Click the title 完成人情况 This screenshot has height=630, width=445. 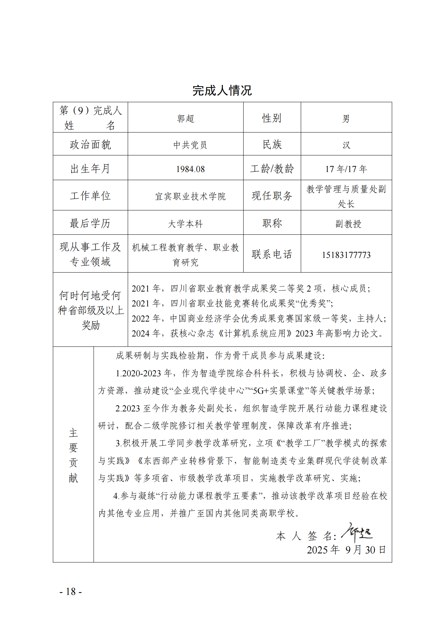pos(222,90)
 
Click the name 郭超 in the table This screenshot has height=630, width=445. pos(185,118)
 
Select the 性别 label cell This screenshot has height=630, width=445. pos(272,118)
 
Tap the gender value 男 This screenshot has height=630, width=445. pos(346,119)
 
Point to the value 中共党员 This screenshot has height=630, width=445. pos(190,145)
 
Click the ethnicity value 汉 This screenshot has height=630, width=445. pos(346,145)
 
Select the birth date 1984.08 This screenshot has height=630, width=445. pos(190,169)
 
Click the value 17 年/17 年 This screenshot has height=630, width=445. pos(346,169)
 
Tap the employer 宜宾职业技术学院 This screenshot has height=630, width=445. pos(190,196)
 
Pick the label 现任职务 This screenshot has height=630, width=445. pos(272,196)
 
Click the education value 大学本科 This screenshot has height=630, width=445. pos(185,224)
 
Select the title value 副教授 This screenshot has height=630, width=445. pos(348,224)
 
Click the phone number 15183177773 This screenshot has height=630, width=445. pos(346,255)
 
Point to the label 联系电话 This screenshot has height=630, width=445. pos(272,254)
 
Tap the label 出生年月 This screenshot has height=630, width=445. pos(90,169)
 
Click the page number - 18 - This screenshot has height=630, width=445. pos(71,592)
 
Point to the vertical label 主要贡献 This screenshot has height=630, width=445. pos(73,455)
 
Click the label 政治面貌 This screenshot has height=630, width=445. pos(90,145)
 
